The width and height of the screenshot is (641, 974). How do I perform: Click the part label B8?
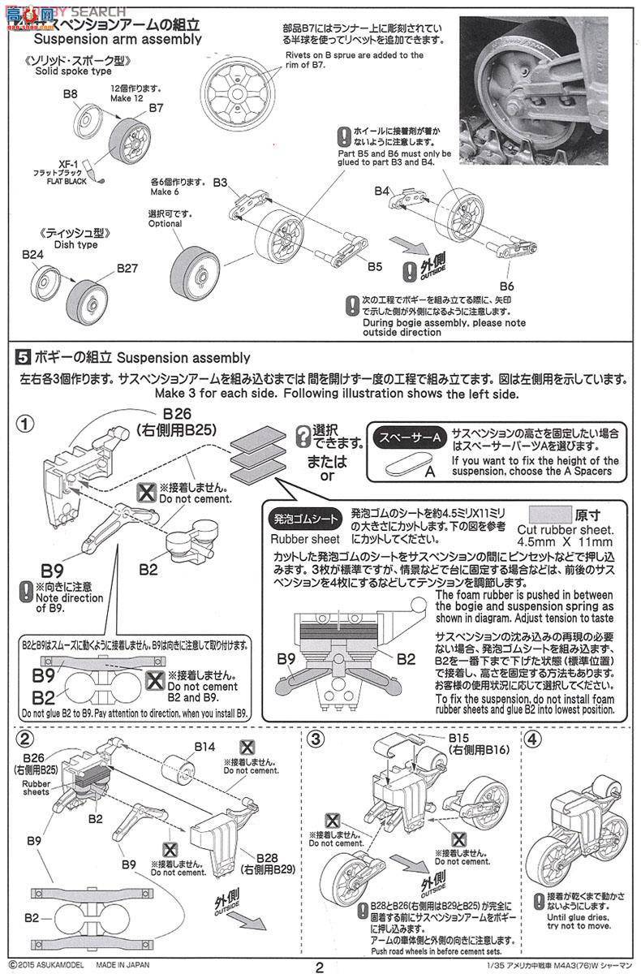coord(70,94)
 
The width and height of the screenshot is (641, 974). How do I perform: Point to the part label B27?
coord(128,267)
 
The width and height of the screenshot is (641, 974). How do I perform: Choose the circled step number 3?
coord(316,739)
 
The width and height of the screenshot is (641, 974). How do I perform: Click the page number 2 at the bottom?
coord(320,966)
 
